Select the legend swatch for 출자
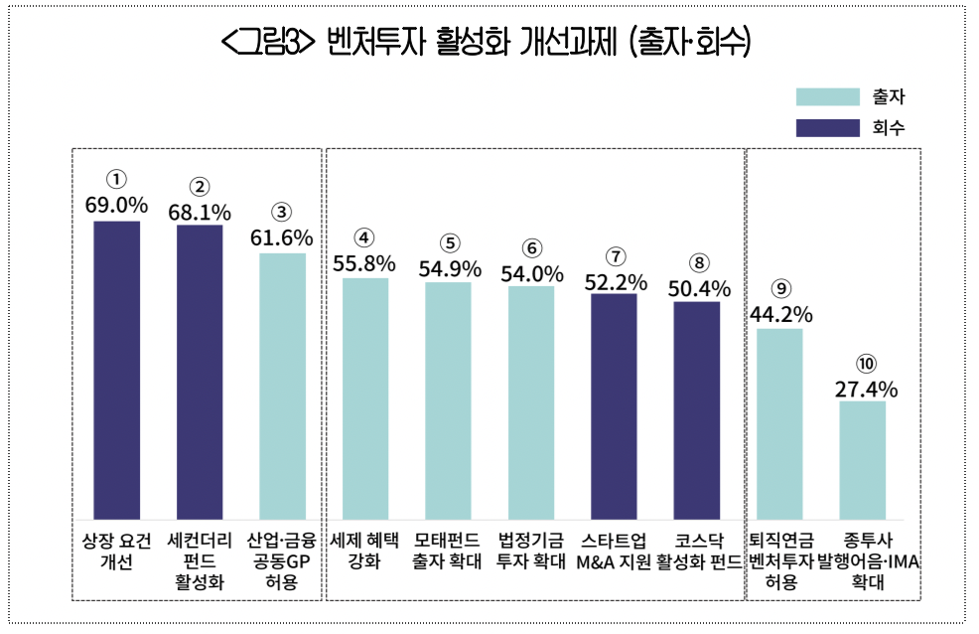826,96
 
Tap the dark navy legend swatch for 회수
826,127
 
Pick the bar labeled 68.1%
200,372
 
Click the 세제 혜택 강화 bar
365,397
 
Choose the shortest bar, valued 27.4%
862,460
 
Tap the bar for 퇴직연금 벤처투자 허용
779,423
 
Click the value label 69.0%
117,206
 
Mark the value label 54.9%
448,268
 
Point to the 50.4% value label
697,288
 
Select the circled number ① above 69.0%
117,180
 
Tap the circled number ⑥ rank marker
531,247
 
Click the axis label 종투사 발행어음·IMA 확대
862,561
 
